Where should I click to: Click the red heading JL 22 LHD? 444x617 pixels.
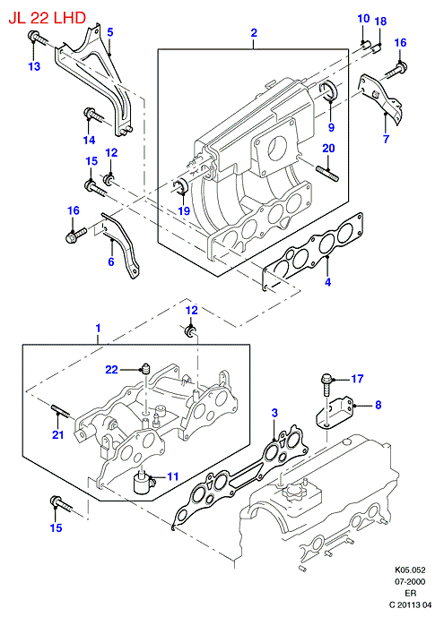[48, 18]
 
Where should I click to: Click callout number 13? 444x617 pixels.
[34, 66]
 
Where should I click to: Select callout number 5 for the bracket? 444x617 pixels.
[110, 32]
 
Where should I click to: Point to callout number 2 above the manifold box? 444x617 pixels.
[254, 32]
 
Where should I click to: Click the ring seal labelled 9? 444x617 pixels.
[329, 91]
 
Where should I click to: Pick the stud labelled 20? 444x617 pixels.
[326, 174]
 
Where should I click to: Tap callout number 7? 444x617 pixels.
[386, 139]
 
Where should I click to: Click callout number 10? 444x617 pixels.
[363, 19]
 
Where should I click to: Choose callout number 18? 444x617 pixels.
[380, 21]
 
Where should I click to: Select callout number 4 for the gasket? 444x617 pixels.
[327, 282]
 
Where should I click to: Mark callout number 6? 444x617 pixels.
[111, 261]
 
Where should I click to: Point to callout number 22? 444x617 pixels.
[111, 370]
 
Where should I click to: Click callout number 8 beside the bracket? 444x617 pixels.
[379, 405]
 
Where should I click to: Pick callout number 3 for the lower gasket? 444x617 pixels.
[274, 413]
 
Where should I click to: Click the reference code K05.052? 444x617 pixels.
[411, 570]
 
